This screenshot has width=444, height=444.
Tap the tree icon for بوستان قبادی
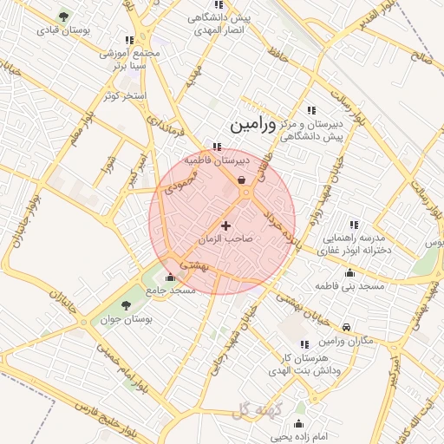pyautogui.click(x=64, y=16)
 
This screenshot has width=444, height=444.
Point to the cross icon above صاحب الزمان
pyautogui.click(x=226, y=225)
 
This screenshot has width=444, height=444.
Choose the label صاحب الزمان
pyautogui.click(x=228, y=238)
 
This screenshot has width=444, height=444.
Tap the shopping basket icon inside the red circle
pyautogui.click(x=240, y=180)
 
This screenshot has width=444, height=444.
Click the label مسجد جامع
pyautogui.click(x=172, y=291)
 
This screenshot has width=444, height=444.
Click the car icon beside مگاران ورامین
pyautogui.click(x=347, y=327)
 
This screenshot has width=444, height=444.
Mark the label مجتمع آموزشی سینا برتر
pyautogui.click(x=130, y=59)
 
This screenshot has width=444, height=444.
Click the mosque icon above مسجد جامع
pyautogui.click(x=170, y=278)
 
